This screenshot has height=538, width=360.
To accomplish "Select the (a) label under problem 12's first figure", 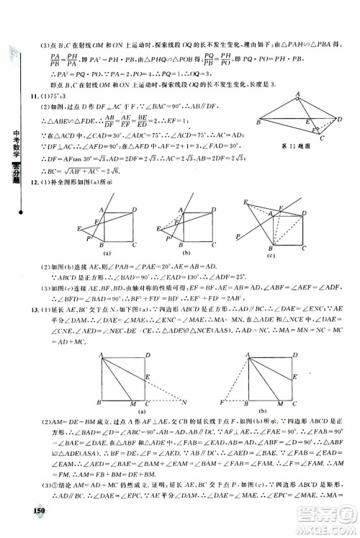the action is [x=106, y=254].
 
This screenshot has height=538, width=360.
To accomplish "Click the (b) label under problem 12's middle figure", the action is [x=186, y=254].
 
